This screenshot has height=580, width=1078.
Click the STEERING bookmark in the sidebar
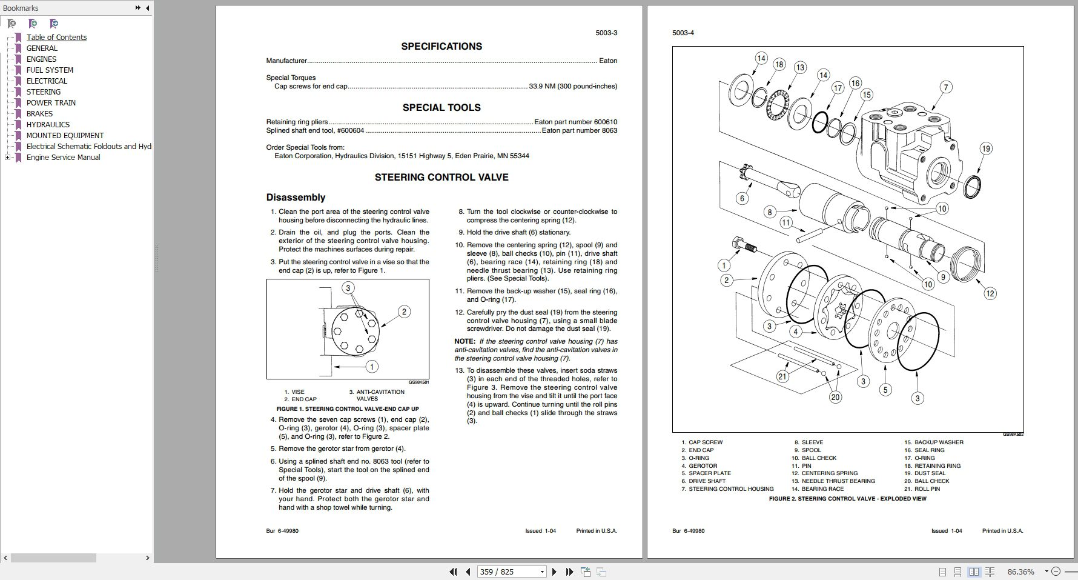43,92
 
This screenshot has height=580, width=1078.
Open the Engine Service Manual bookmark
63,157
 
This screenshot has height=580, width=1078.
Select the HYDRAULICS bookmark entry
48,124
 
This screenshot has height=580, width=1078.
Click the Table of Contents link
56,37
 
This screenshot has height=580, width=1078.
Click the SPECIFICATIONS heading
441,46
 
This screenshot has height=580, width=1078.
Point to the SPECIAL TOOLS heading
441,107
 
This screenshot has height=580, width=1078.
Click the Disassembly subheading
296,197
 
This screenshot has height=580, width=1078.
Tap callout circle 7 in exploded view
945,87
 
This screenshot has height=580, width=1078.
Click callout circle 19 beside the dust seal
986,148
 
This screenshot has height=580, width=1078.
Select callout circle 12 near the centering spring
990,293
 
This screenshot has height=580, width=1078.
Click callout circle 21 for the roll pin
782,376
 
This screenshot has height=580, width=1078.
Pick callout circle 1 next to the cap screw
724,265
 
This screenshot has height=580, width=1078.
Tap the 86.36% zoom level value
1020,572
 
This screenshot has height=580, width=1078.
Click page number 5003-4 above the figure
683,33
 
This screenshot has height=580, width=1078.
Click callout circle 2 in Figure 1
404,312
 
